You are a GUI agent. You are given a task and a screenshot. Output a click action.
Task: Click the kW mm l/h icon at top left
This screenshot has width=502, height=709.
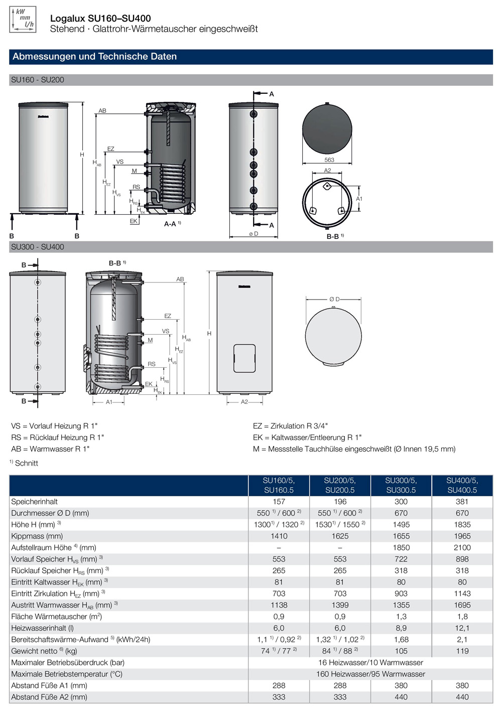click(23, 20)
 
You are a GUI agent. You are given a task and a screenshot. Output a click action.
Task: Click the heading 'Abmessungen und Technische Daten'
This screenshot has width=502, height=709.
click(95, 57)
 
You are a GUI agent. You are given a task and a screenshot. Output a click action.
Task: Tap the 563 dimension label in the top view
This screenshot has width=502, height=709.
click(329, 160)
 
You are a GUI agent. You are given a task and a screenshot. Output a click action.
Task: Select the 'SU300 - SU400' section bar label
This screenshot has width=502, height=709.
click(38, 247)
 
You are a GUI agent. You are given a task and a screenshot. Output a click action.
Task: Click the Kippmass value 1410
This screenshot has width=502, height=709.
click(279, 536)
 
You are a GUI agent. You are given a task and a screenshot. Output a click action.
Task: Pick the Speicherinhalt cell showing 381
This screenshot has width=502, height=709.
click(462, 501)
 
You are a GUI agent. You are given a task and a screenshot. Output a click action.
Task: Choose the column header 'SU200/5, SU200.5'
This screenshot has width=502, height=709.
click(340, 485)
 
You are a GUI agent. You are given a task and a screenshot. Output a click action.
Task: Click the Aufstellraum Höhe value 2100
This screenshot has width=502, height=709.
click(462, 547)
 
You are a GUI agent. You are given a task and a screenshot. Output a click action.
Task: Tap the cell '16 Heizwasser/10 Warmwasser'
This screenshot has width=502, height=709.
click(370, 662)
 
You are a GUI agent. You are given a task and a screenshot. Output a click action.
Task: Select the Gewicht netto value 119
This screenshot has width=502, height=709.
click(462, 651)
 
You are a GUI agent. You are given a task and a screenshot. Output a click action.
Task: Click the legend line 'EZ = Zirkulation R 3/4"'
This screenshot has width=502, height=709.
click(290, 426)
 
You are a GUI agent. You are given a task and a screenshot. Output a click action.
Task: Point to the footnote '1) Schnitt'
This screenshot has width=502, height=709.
click(24, 463)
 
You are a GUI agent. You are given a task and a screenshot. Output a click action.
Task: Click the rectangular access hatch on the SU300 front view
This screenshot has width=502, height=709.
click(244, 358)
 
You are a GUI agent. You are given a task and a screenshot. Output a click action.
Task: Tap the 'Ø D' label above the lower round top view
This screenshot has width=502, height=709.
click(334, 299)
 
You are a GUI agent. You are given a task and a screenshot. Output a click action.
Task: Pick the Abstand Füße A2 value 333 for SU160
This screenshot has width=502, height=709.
click(279, 697)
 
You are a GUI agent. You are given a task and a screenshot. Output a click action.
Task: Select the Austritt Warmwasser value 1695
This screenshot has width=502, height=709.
click(462, 605)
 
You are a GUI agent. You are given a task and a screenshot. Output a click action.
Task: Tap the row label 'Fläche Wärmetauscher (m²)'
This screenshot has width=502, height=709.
click(57, 616)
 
